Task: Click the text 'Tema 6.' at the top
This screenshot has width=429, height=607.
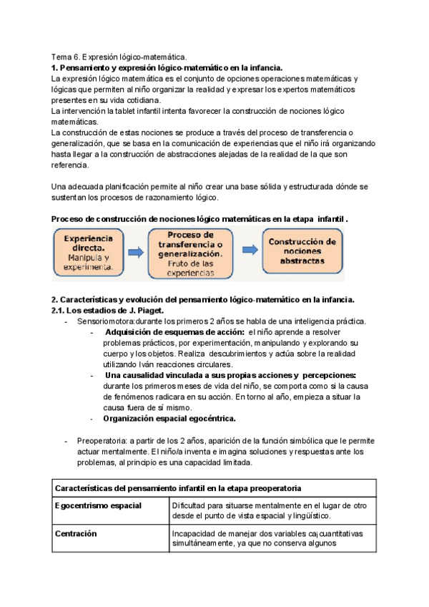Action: pos(66,57)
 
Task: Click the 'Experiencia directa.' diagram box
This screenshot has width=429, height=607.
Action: pos(88,253)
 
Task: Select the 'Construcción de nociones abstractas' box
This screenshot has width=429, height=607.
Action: pos(302,252)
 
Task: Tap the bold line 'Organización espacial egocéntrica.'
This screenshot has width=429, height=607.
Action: pos(169,418)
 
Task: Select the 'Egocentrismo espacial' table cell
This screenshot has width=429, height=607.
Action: pos(97,505)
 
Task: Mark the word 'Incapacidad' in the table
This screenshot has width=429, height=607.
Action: pos(194,533)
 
